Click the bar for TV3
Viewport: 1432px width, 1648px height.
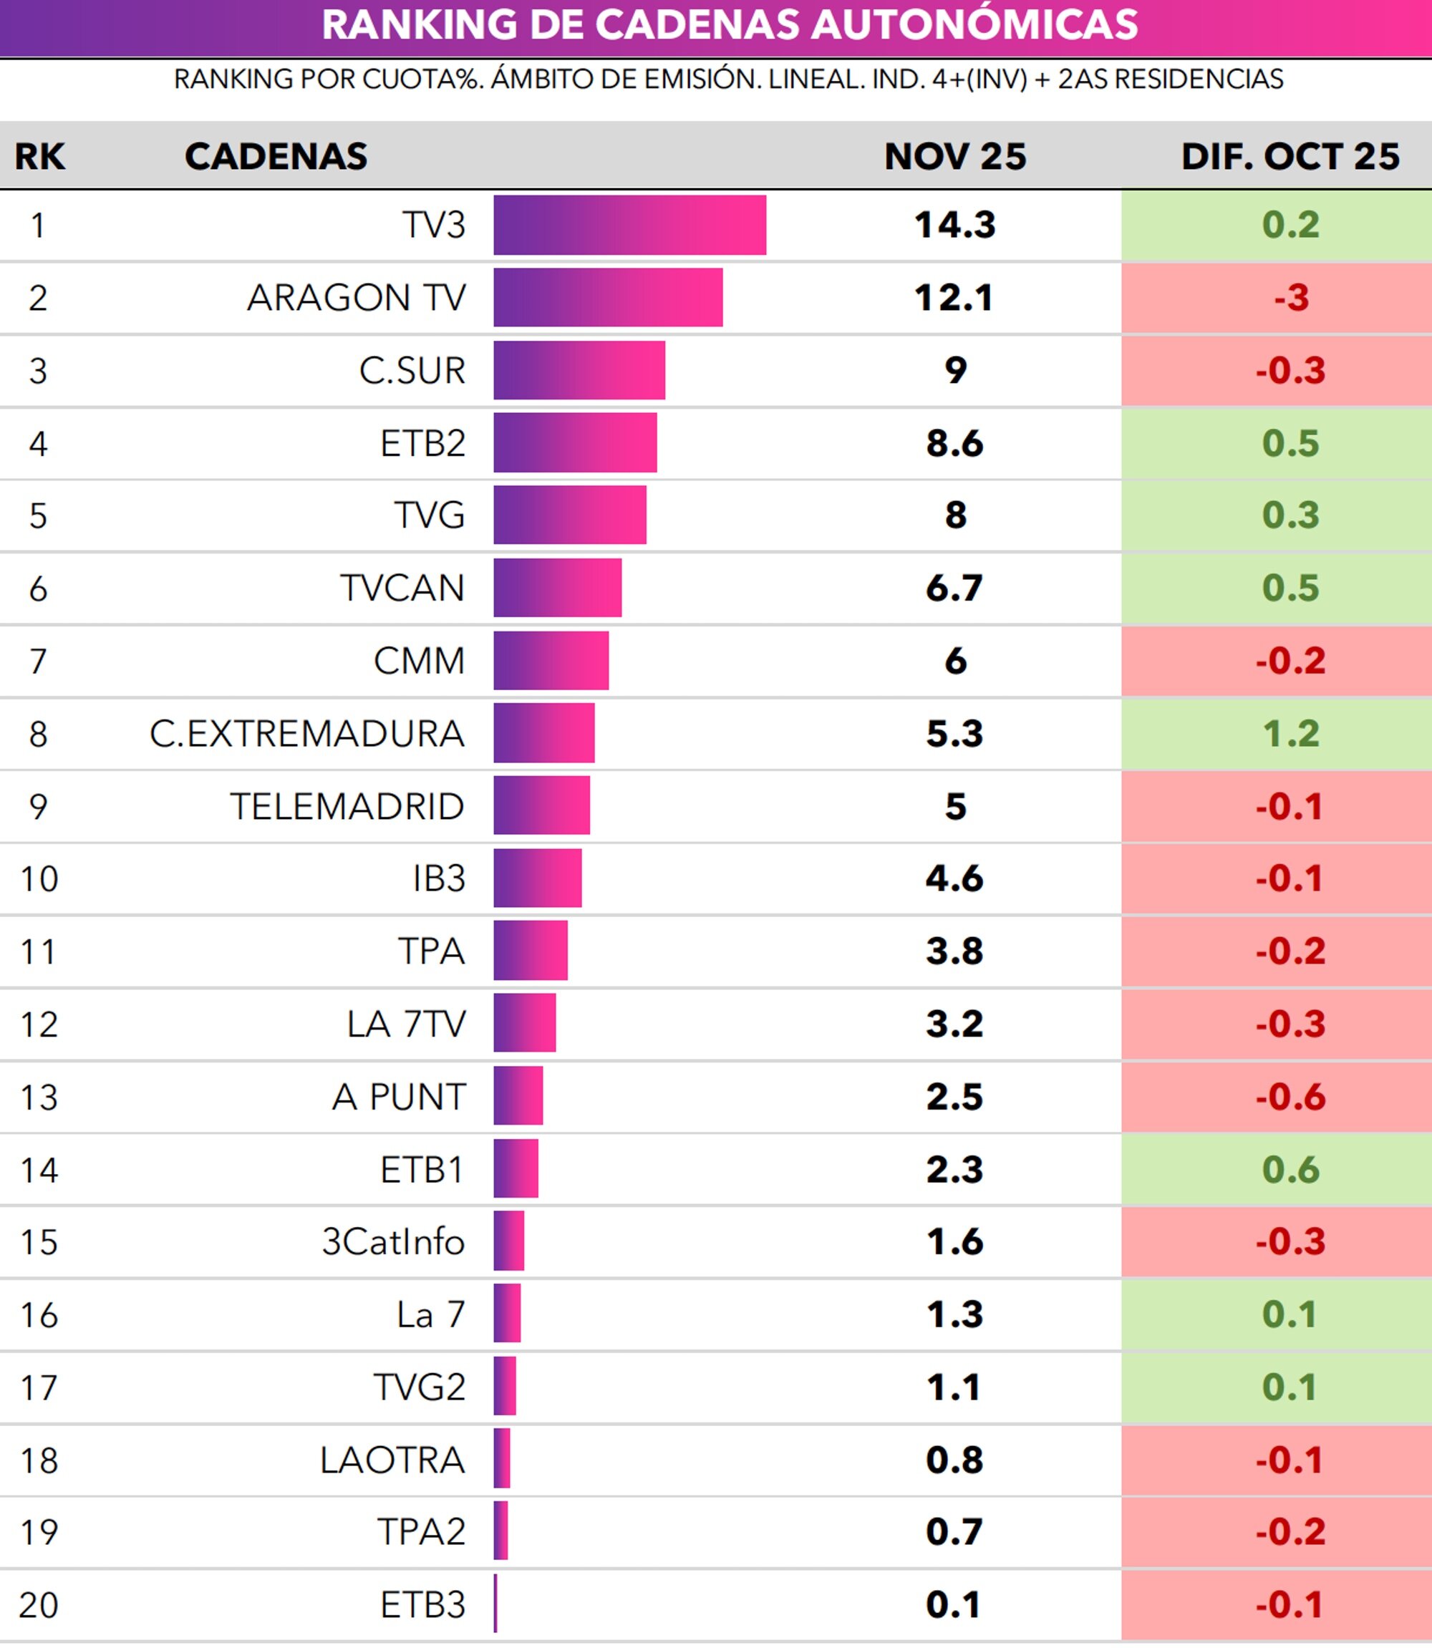629,225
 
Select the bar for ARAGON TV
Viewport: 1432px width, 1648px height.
608,297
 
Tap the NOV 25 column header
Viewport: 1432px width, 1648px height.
955,156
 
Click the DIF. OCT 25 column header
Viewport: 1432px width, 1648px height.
1290,156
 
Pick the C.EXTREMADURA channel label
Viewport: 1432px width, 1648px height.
307,733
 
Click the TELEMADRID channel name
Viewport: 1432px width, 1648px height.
347,806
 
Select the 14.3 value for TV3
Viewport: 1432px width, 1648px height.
955,225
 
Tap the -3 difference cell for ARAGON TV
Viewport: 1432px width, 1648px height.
1290,298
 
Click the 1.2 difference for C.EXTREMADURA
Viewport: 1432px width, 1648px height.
1290,733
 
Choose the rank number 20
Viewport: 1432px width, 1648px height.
39,1605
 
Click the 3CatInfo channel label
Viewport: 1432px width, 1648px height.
393,1242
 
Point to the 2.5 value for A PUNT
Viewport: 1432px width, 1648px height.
955,1097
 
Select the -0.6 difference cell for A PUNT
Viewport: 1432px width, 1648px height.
1290,1097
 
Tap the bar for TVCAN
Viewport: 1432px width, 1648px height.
557,588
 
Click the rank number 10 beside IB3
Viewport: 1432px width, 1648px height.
39,878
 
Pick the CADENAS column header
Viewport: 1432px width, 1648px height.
276,156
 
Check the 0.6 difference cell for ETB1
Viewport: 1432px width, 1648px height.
1290,1170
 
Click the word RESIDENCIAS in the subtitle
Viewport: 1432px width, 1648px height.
1199,79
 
